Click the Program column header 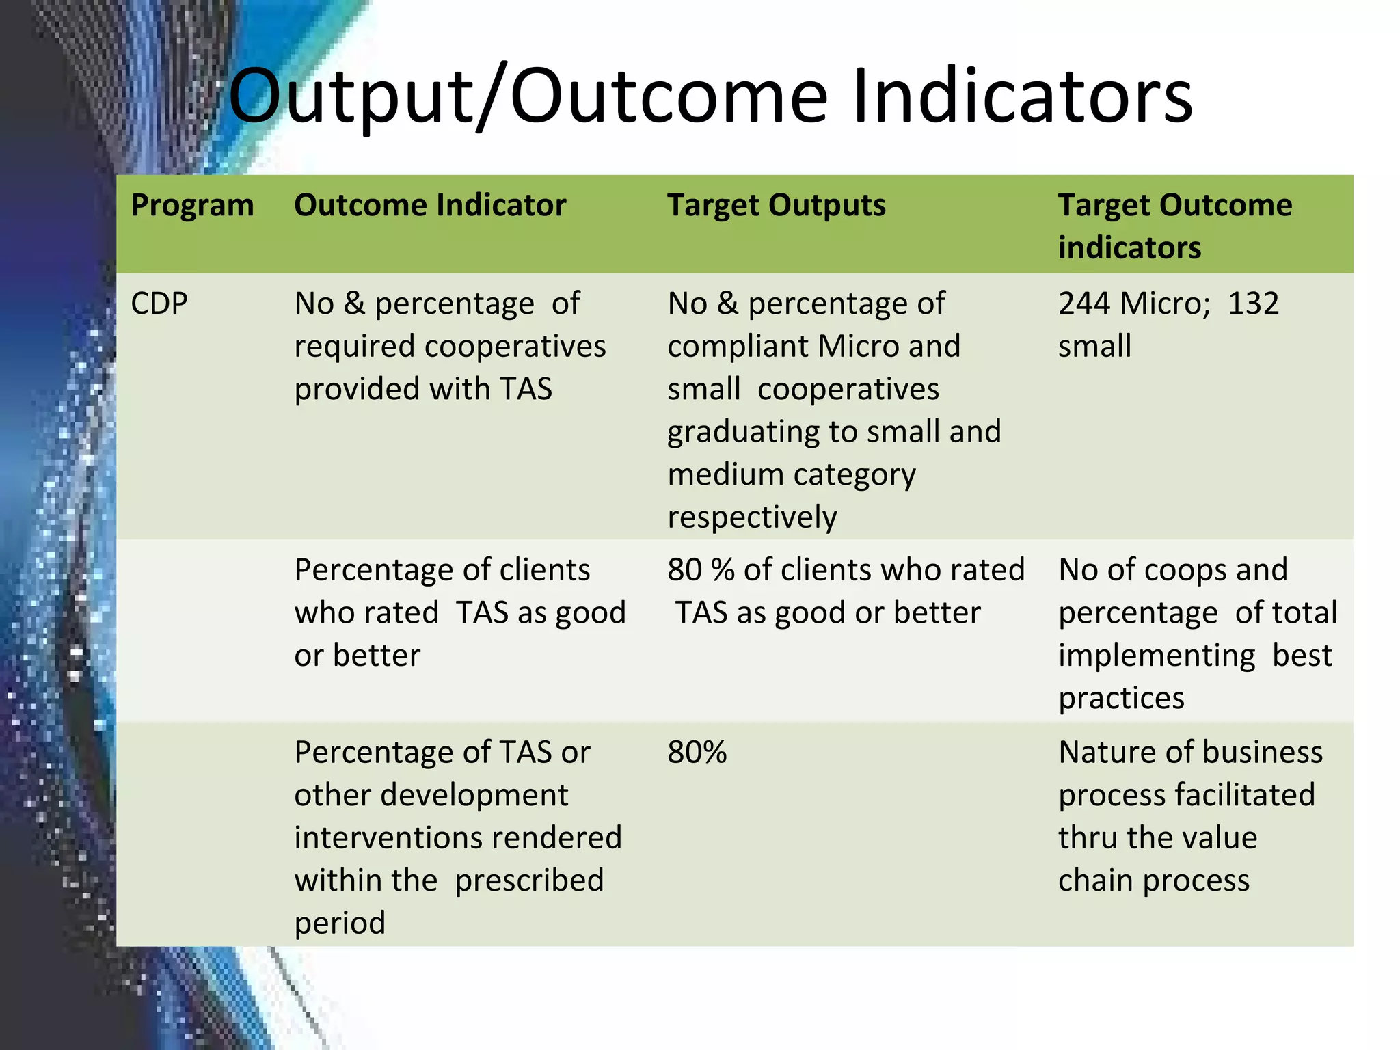point(192,206)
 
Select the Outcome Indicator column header point(430,206)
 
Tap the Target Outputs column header point(776,206)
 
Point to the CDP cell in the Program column point(159,304)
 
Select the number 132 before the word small point(1253,304)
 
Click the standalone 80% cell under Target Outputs point(697,753)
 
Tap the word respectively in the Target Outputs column point(752,517)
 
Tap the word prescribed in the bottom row point(529,881)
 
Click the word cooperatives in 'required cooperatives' point(515,347)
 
